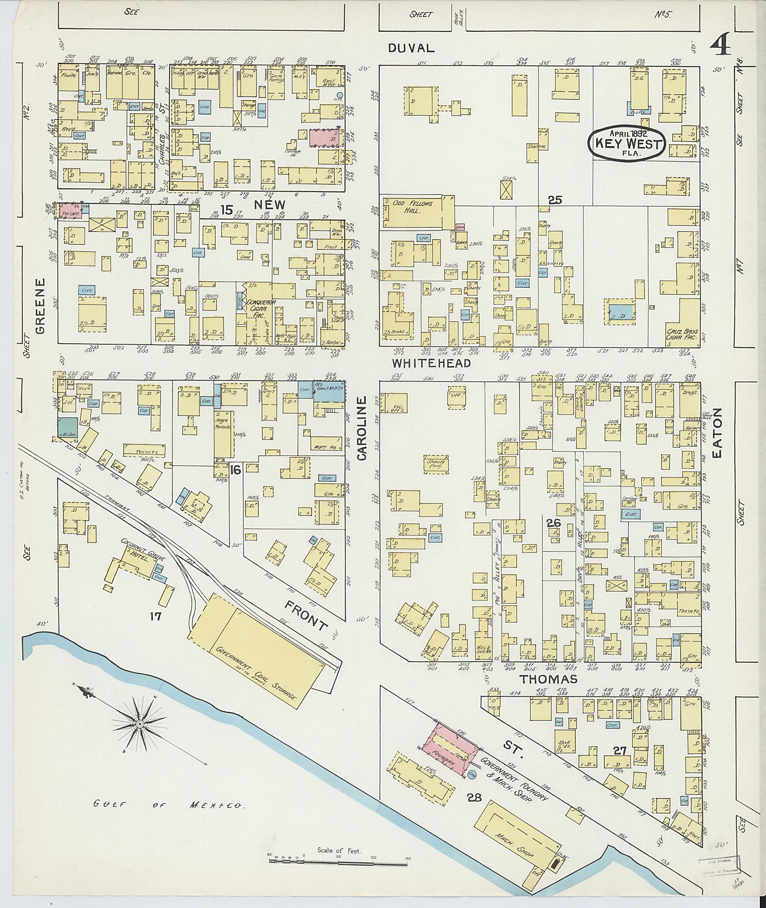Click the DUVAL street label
tap(411, 48)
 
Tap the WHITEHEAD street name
tap(432, 363)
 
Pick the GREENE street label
tap(40, 306)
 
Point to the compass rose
tap(140, 724)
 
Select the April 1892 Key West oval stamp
tap(626, 143)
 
